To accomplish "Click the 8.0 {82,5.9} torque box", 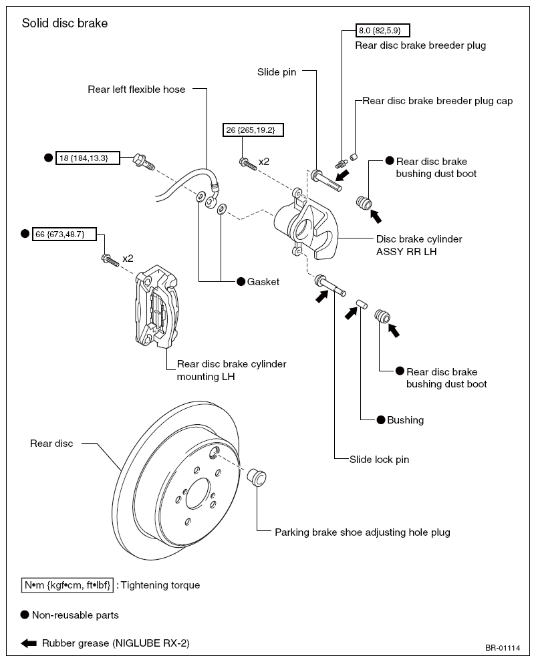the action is click(x=383, y=31).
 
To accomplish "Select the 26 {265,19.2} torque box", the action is click(x=253, y=130).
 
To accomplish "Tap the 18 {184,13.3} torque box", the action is click(x=88, y=158).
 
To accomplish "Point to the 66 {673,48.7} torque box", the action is click(x=64, y=234).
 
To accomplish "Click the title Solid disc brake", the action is click(x=65, y=23).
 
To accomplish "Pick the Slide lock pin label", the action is click(x=379, y=460).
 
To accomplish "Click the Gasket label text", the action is click(x=263, y=282).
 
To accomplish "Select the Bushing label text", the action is click(x=406, y=420).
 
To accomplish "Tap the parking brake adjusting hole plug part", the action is click(x=257, y=478).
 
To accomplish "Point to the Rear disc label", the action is click(x=51, y=444).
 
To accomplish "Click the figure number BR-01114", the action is click(x=503, y=648).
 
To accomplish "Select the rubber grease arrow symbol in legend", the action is click(x=29, y=643).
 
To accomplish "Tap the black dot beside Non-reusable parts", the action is click(x=25, y=615).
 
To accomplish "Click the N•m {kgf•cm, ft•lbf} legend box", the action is click(x=68, y=585).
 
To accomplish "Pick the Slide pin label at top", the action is click(x=277, y=72).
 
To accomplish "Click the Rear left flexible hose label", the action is click(x=136, y=90).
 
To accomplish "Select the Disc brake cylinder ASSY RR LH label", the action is click(x=419, y=245).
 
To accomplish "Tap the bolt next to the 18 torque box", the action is click(x=144, y=162).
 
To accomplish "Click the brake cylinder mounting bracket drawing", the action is click(x=156, y=306).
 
